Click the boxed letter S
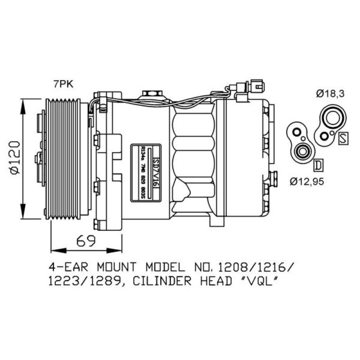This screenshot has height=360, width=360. pyautogui.click(x=343, y=138)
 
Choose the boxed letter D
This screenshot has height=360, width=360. pyautogui.click(x=318, y=165)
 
